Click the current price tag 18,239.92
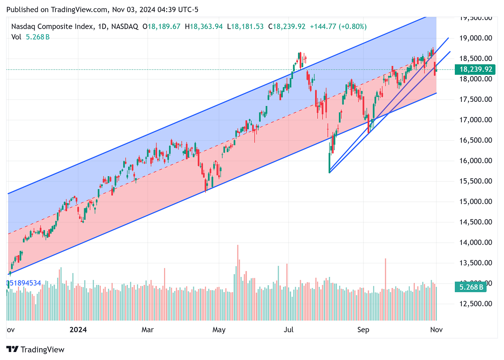pyautogui.click(x=476, y=70)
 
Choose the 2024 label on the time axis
pyautogui.click(x=78, y=330)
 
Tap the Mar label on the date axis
pyautogui.click(x=147, y=330)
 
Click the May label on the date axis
pyautogui.click(x=219, y=330)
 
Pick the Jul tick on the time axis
pyautogui.click(x=289, y=330)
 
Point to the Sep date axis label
pyautogui.click(x=363, y=330)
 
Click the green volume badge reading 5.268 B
pyautogui.click(x=471, y=287)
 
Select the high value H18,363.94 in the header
pyautogui.click(x=204, y=26)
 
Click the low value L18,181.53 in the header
pyautogui.click(x=245, y=26)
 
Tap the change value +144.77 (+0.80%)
pyautogui.click(x=338, y=26)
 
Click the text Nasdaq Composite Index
pyautogui.click(x=52, y=26)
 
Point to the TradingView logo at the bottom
pyautogui.click(x=35, y=350)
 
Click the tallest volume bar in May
pyautogui.click(x=238, y=282)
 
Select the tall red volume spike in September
pyautogui.click(x=385, y=289)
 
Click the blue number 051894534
pyautogui.click(x=24, y=283)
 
